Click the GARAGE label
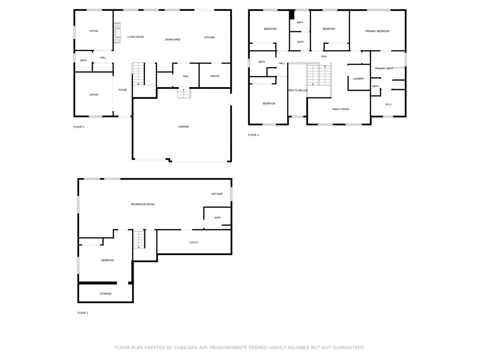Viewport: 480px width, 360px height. click(183, 127)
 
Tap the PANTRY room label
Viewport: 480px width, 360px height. click(215, 76)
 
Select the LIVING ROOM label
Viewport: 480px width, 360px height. click(135, 37)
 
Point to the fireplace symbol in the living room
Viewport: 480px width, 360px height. click(117, 33)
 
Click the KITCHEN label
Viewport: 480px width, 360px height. click(210, 37)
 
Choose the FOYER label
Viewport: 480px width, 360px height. click(123, 90)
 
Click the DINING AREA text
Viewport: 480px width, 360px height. click(172, 39)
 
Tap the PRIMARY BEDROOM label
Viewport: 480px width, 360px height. click(377, 31)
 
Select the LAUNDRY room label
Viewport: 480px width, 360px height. click(359, 79)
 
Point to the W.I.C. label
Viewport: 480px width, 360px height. click(389, 105)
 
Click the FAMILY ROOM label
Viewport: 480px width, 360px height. click(341, 109)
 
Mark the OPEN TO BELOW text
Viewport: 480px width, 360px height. click(298, 90)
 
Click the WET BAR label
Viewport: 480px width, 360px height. click(217, 194)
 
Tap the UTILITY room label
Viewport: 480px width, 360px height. click(194, 242)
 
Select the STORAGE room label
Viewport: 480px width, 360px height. click(105, 294)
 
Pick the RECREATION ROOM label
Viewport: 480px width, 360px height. click(142, 204)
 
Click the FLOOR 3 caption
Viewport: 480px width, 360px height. click(254, 135)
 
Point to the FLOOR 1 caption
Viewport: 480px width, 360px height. click(82, 313)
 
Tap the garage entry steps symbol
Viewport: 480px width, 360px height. click(184, 93)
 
